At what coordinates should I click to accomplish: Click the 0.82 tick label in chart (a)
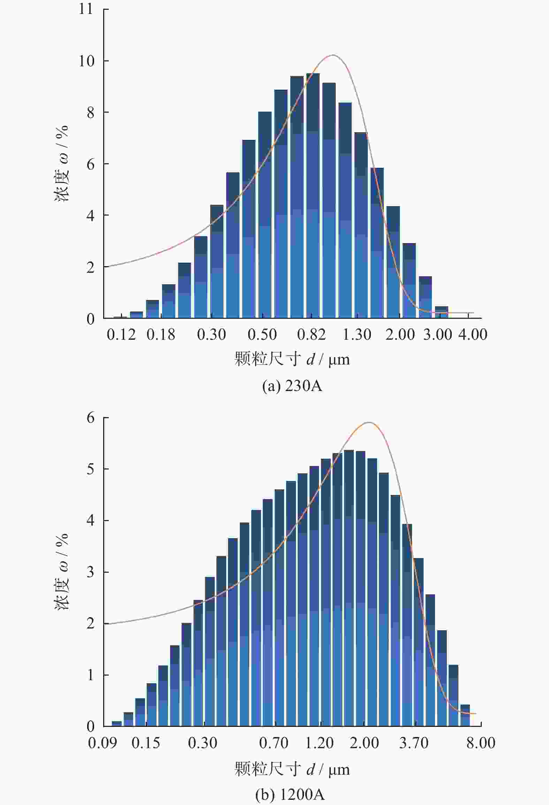pos(311,335)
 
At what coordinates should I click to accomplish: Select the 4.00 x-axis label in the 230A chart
pos(472,335)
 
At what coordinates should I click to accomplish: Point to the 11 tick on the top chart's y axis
pos(86,9)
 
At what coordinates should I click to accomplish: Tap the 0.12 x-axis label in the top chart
pos(121,335)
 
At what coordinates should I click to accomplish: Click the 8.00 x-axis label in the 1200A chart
pos(481,743)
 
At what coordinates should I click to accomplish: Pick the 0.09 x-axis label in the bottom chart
pos(102,743)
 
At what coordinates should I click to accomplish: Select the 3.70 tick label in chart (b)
pos(414,743)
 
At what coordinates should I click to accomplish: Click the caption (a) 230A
pos(292,386)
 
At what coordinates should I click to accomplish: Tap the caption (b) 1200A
pos(290,795)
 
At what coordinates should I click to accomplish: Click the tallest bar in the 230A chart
pos(313,195)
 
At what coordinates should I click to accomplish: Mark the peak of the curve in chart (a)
pos(333,55)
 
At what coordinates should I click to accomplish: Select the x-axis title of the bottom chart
pos(292,769)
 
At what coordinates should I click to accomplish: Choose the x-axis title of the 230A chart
pos(292,359)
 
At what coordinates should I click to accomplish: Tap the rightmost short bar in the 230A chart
pos(441,312)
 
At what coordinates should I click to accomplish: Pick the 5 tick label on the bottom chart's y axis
pos(90,469)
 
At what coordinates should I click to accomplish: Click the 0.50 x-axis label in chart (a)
pos(262,335)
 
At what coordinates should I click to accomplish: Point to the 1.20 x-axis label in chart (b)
pos(319,743)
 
